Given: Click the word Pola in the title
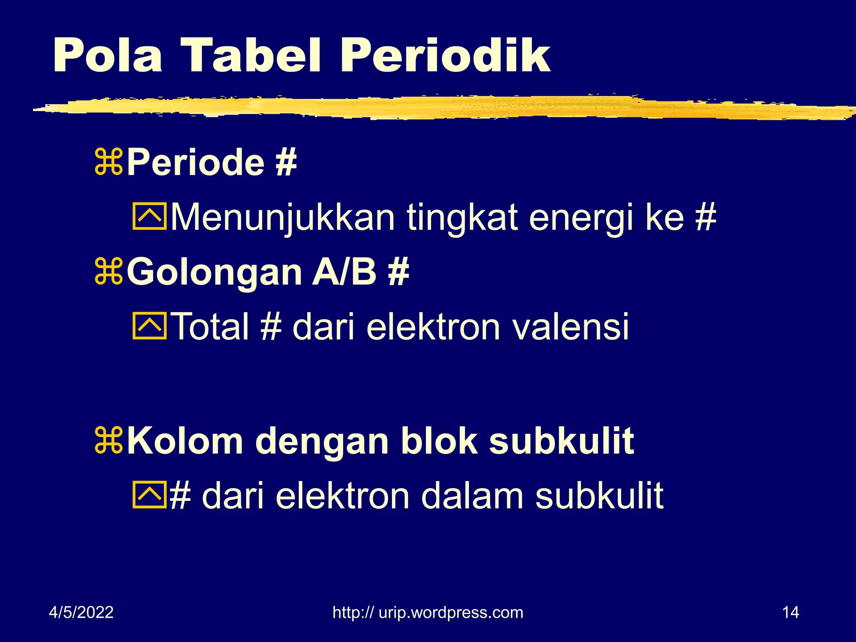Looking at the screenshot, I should [107, 56].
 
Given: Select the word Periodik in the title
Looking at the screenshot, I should [446, 56].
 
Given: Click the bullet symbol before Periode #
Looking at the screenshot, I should [109, 162].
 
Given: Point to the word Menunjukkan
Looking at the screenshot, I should [283, 218].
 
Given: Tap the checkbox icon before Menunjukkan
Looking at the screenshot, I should [150, 217].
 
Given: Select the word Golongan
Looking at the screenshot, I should [214, 273].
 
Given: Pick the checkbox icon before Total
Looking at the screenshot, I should [150, 326].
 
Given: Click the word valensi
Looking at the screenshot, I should [570, 327].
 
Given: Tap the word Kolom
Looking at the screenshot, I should [185, 441].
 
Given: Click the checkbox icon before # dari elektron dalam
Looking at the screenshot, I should [150, 495].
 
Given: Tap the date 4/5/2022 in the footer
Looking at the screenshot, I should [81, 612].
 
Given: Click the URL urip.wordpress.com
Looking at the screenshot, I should [428, 612].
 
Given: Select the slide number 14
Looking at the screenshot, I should [790, 612].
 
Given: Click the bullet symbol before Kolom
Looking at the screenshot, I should [109, 441].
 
